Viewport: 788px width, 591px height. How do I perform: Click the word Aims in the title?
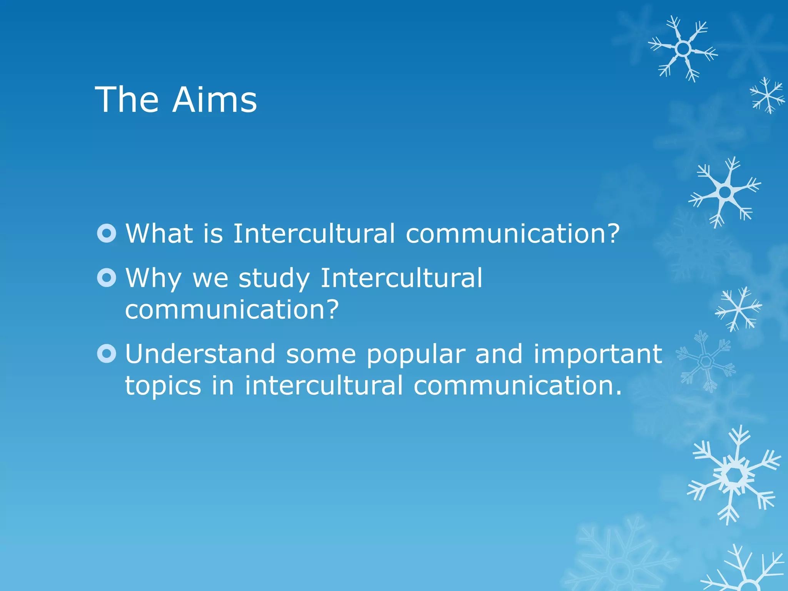coord(214,100)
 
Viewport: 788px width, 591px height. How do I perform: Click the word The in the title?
coord(127,100)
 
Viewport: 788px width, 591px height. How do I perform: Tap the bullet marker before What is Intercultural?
coord(107,233)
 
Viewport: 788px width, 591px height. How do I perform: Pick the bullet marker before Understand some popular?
coord(107,354)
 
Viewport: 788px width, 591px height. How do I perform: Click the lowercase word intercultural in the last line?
coord(324,385)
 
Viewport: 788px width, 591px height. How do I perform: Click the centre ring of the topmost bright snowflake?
coord(683,49)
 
